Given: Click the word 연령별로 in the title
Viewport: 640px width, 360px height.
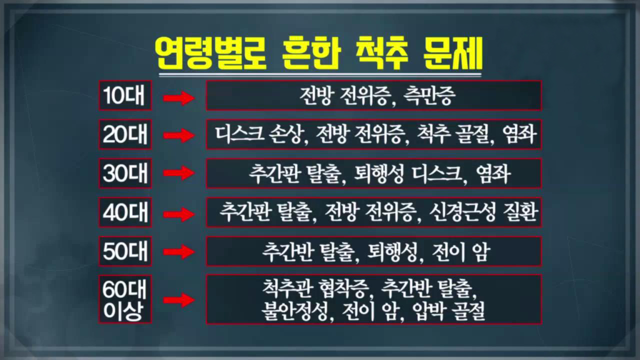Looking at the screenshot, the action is (x=211, y=53).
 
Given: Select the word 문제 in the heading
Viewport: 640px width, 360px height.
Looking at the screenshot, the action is (x=452, y=53).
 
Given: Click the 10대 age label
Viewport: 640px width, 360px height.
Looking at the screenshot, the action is (x=125, y=95).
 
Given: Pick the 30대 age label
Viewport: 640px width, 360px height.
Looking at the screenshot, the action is (x=125, y=173).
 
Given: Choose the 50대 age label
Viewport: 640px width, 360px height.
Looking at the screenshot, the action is (x=125, y=251).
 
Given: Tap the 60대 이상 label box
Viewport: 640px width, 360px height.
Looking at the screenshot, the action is (x=125, y=299).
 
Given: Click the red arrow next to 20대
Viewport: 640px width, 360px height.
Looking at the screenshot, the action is (x=179, y=135).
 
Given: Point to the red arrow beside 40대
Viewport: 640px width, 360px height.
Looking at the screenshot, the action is (x=179, y=214).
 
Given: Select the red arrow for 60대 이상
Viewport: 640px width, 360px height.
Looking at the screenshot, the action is (x=179, y=299).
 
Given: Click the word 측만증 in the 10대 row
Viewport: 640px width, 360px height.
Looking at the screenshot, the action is (x=429, y=95).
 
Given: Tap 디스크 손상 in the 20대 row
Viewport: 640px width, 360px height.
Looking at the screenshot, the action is (x=258, y=134).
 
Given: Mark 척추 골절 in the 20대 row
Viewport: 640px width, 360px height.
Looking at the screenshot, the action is (x=454, y=134).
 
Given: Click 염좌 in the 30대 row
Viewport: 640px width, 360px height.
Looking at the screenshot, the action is (x=493, y=173).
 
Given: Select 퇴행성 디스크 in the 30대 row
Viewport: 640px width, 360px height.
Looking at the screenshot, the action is (x=407, y=173).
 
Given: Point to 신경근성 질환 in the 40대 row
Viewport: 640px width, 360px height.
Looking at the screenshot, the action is (x=483, y=212).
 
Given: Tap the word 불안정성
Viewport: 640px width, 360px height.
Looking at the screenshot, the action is (x=294, y=311).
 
